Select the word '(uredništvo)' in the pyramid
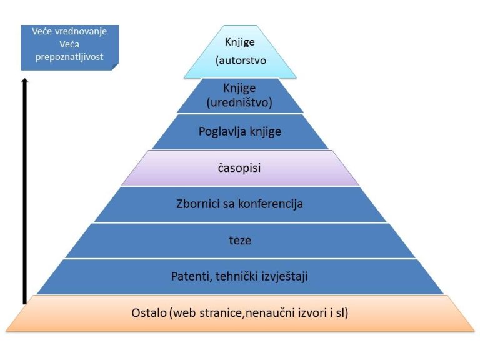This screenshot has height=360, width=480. [x=240, y=102]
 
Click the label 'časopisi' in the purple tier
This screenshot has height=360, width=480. [x=240, y=167]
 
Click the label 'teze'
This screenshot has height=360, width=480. [x=240, y=239]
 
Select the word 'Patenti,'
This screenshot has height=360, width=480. [x=191, y=276]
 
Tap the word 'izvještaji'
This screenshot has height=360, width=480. [x=286, y=276]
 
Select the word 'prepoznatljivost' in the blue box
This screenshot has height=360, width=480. [x=69, y=57]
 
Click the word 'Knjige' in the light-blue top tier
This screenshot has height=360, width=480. [x=240, y=42]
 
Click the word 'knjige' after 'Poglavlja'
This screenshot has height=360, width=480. [x=265, y=131]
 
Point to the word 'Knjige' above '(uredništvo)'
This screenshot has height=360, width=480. [x=240, y=88]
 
